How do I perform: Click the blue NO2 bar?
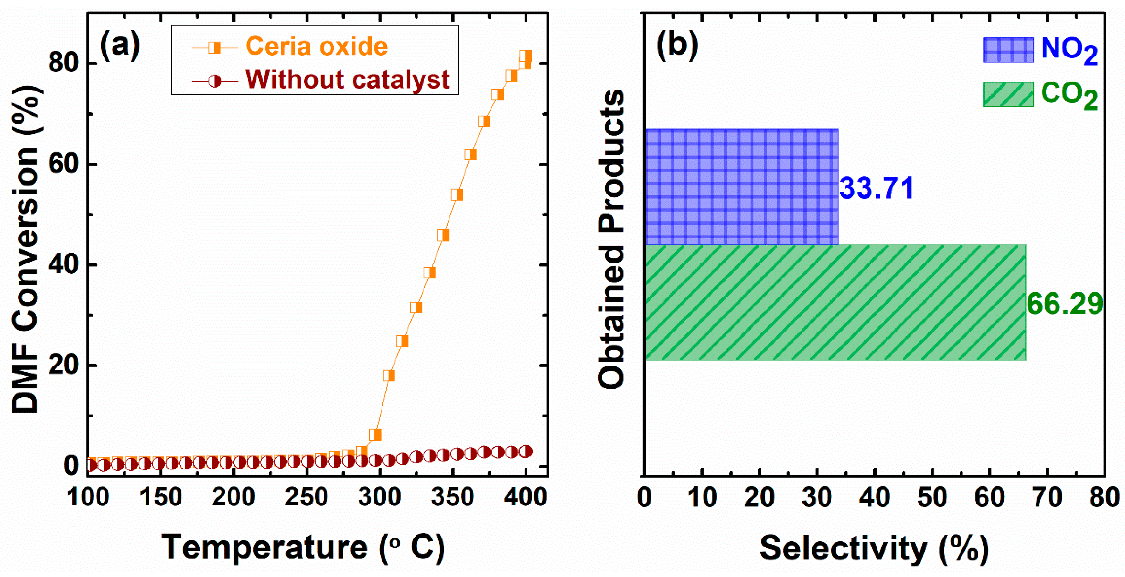[x=741, y=187]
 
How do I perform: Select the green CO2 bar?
[x=835, y=303]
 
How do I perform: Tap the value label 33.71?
[x=877, y=188]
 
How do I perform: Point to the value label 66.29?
[x=1064, y=304]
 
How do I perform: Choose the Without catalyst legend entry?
[x=347, y=80]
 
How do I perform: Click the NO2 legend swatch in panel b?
[x=1008, y=50]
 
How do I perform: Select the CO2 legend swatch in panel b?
[x=1008, y=94]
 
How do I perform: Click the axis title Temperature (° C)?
[x=303, y=547]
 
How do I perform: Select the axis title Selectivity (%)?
[x=874, y=548]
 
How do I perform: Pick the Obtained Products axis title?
[x=611, y=239]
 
